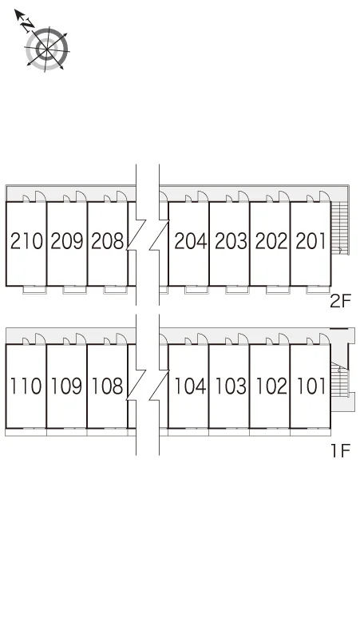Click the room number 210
click(26, 241)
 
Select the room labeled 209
click(67, 241)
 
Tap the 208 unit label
click(108, 241)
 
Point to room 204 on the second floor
click(191, 241)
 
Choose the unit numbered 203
click(231, 241)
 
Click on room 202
click(271, 241)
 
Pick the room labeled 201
click(311, 241)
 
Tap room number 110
click(26, 386)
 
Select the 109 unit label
click(66, 386)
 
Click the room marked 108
click(107, 386)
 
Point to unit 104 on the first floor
click(190, 386)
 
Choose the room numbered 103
click(231, 386)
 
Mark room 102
click(271, 386)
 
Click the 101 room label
click(311, 386)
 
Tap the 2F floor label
click(340, 302)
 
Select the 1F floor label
click(341, 450)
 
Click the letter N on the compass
click(28, 26)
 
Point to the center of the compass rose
click(47, 50)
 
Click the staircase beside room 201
click(340, 228)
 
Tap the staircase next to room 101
click(339, 379)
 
